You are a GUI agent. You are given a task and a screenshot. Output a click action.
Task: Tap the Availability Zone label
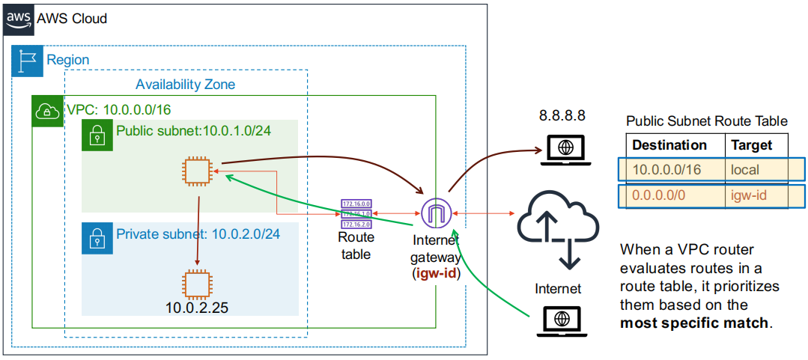(185, 85)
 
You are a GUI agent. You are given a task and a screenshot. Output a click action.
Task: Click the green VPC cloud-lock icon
(46, 111)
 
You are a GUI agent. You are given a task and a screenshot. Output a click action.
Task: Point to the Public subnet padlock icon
(96, 135)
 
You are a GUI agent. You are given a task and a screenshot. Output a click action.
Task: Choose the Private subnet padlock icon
(96, 237)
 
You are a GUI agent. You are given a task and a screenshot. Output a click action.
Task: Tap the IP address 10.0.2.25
(196, 307)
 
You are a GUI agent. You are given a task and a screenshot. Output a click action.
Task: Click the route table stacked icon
(356, 213)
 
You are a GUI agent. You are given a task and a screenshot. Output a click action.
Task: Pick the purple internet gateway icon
(434, 214)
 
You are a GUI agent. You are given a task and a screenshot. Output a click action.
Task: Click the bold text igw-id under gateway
(435, 272)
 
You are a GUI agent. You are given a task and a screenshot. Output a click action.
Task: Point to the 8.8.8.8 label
(562, 117)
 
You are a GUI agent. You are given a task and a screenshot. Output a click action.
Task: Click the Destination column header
(669, 144)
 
